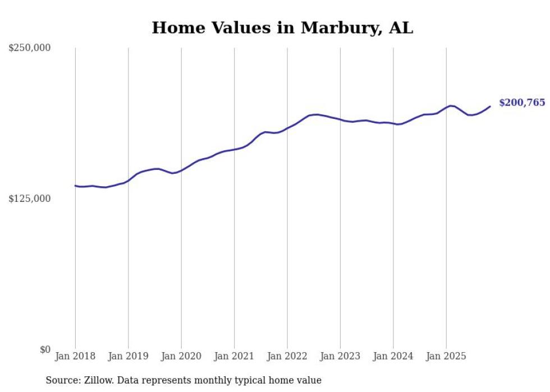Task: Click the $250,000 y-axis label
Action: click(x=30, y=48)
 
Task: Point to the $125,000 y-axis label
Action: click(x=30, y=199)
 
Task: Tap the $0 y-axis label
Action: click(x=45, y=349)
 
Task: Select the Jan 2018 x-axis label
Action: click(x=75, y=356)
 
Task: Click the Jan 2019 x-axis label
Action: click(x=128, y=356)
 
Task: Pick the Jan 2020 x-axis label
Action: click(x=181, y=356)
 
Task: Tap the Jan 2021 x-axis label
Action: click(x=234, y=356)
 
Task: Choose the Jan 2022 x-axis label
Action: click(x=287, y=356)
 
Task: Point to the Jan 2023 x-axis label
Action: click(x=340, y=356)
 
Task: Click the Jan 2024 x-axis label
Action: click(x=393, y=356)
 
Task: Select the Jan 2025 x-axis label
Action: click(x=446, y=356)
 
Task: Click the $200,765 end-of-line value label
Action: click(x=522, y=103)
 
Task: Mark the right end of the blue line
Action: click(x=490, y=106)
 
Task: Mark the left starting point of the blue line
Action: click(x=75, y=186)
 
